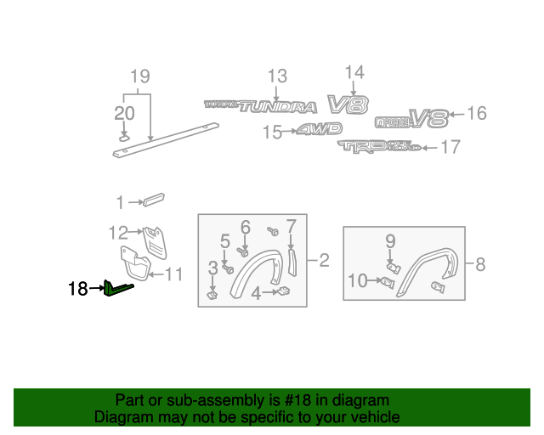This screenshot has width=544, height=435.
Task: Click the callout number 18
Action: point(77,290)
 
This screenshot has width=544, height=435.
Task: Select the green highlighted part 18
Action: point(117,291)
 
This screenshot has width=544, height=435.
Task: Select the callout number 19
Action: point(140,77)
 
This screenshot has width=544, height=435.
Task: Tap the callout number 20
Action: point(124,114)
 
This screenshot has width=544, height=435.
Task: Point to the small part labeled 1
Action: point(154,200)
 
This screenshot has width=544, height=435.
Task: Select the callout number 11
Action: point(173,274)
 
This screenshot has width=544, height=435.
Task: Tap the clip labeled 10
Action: point(387,282)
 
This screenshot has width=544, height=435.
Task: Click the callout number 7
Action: point(291,226)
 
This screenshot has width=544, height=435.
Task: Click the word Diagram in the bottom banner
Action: point(117,417)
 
